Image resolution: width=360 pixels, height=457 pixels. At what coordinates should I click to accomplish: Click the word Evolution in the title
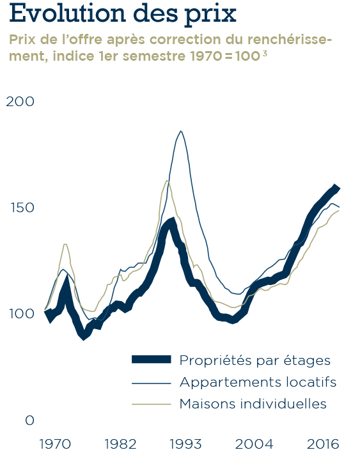pos(67,13)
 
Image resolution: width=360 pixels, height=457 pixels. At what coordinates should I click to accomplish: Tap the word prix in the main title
pos(210,15)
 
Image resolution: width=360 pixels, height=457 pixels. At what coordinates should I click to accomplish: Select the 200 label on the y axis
pos(20,102)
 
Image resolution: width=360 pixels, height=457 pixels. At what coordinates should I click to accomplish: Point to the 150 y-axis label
pos(22,208)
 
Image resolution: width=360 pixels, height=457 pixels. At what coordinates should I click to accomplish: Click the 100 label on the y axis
pos(22,314)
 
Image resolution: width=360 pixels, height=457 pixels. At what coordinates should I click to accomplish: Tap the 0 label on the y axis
pos(29,421)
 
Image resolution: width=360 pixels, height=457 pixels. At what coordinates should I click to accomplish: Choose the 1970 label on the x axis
pos(55,444)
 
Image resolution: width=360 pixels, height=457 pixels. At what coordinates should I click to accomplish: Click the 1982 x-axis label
pos(120,444)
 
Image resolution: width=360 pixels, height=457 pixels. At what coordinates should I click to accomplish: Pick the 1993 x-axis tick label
pos(185,444)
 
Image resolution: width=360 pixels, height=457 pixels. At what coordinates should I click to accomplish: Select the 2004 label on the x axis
pos(254,444)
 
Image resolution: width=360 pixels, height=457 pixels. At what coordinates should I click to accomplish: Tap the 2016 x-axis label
pos(323,444)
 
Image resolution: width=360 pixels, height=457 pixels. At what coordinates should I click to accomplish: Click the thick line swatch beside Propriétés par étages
pos(152,359)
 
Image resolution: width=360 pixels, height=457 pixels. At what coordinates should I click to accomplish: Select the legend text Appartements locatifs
pos(258,382)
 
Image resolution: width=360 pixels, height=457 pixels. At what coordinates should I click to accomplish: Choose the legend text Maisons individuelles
pos(253,404)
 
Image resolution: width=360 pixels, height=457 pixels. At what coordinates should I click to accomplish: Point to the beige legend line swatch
pos(152,404)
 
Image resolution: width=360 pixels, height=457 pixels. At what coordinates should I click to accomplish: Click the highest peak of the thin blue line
pos(181,131)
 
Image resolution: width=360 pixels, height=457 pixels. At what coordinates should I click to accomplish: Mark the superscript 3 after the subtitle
pos(264,54)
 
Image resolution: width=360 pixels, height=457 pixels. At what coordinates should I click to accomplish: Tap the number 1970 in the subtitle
pos(207,56)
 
